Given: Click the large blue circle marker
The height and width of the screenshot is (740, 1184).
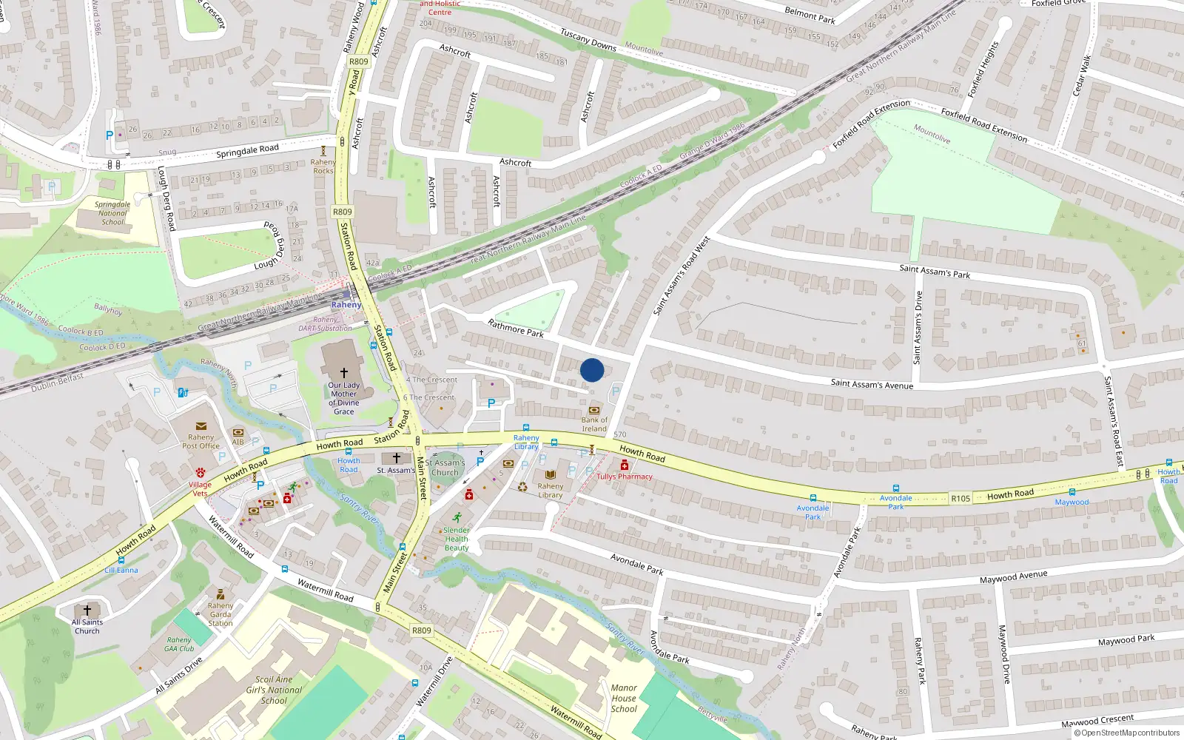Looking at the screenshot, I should coord(592,370).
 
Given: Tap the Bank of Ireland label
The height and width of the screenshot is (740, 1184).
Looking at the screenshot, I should coord(594,425).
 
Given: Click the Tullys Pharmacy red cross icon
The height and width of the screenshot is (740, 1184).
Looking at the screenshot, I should coord(625,465).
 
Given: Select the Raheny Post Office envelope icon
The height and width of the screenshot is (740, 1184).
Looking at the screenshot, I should coord(201,426).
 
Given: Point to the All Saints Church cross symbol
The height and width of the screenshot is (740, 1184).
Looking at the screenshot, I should coord(87,610).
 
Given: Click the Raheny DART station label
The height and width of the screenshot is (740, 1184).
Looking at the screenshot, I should coord(346,305).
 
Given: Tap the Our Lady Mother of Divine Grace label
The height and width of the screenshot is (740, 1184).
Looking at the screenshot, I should coord(344,398).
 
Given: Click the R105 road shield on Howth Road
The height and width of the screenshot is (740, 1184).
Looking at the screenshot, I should coord(961,499).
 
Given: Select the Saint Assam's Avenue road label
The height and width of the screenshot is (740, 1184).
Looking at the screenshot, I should coord(872,384).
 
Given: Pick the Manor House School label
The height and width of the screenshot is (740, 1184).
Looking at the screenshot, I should coord(624,698).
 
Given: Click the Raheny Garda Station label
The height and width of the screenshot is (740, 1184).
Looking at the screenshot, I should coord(220,614).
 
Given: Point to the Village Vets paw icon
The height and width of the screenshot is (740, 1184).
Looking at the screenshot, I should coord(201,472).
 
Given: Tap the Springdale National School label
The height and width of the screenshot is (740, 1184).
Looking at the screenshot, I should coord(112,213).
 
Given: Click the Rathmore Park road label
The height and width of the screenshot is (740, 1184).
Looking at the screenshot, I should coord(516,328).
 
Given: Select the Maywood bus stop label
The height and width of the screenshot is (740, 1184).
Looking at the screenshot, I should coord(1072,502).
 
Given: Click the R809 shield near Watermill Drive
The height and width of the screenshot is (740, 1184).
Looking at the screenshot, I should coord(421,630).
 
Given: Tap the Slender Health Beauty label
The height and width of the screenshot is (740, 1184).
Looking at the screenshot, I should coord(457,539).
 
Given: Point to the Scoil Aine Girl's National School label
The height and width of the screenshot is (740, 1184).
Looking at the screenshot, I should coord(274,690).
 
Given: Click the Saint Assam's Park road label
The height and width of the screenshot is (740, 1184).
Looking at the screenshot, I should coord(935,272).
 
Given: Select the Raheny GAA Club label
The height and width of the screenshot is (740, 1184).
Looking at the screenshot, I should coord(179,645).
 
